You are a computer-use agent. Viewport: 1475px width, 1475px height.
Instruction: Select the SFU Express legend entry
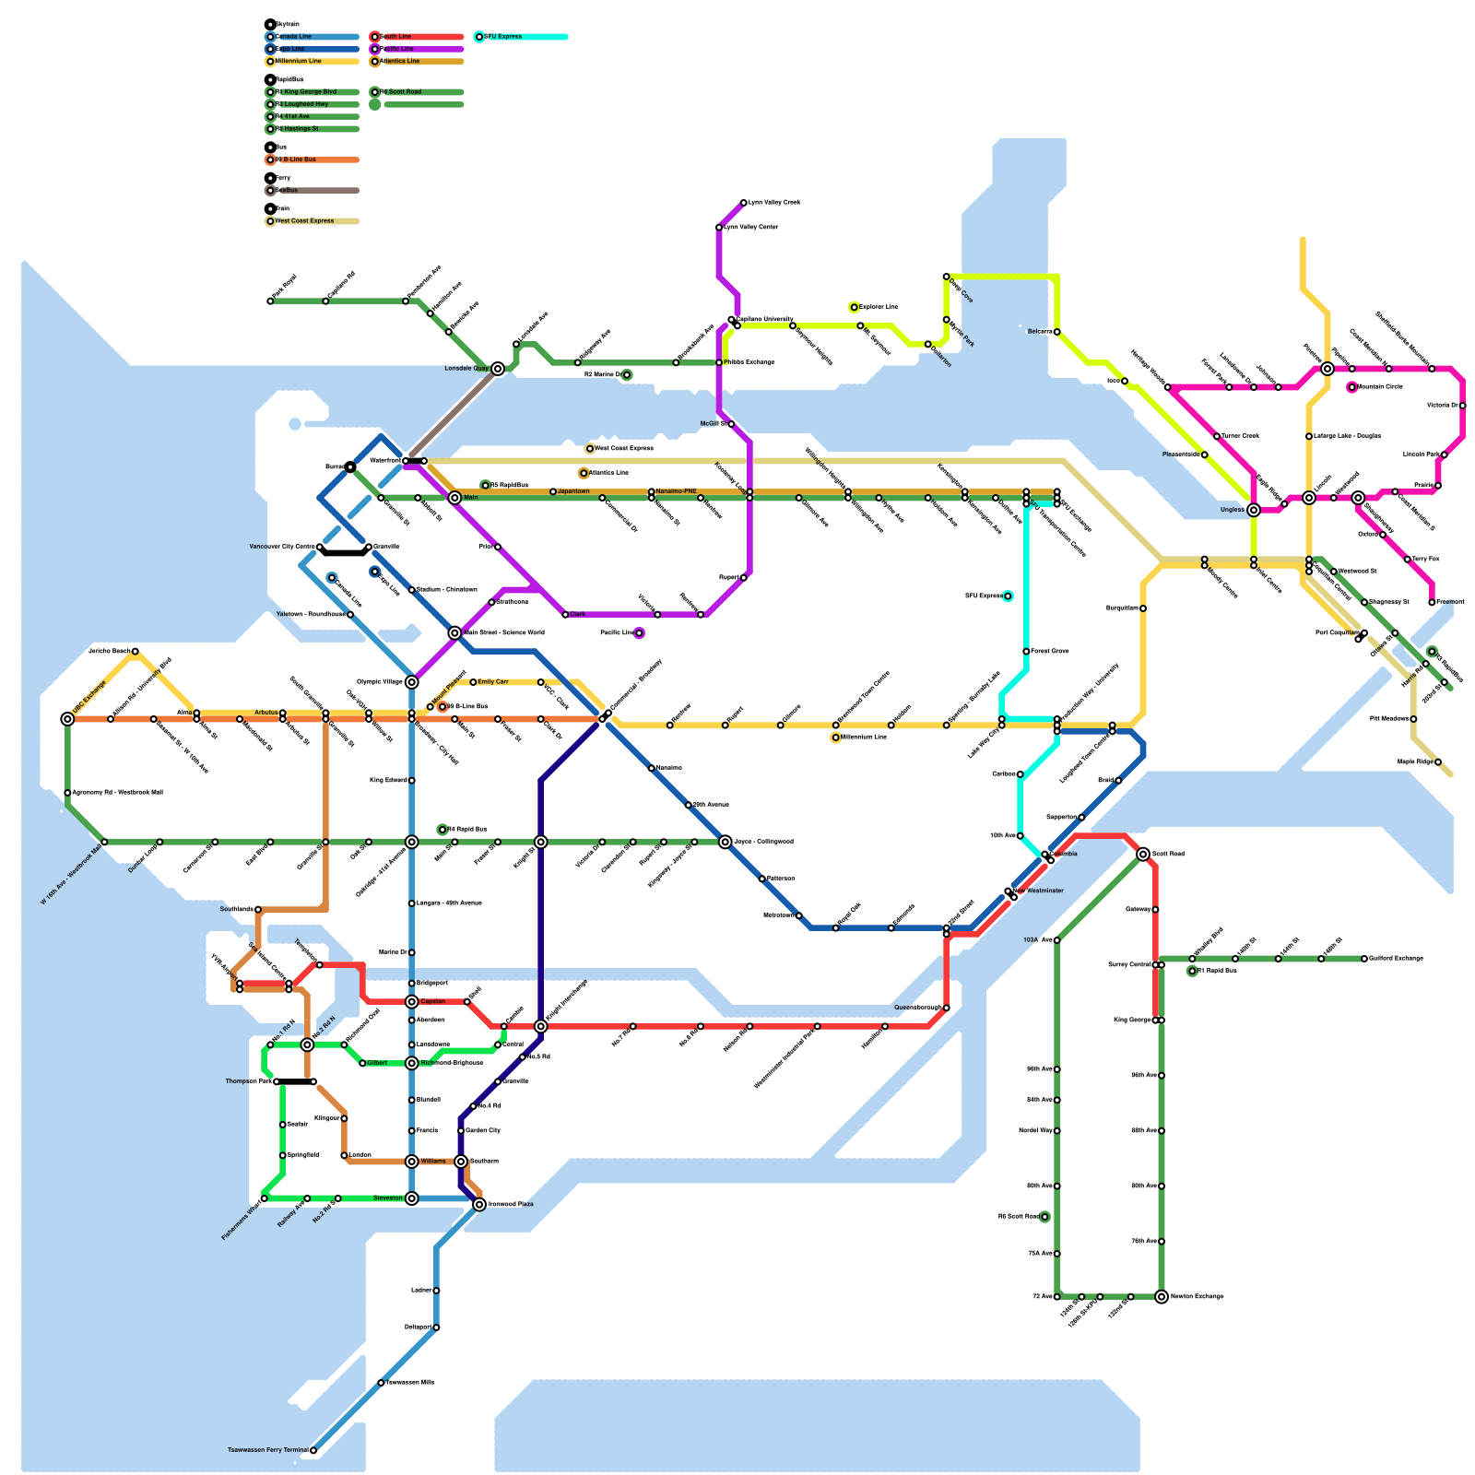[x=503, y=37]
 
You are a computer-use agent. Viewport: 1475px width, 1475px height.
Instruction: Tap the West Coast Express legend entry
[x=304, y=221]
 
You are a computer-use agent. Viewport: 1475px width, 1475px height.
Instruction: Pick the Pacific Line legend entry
[x=396, y=49]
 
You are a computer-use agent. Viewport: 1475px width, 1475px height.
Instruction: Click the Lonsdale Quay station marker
[x=498, y=369]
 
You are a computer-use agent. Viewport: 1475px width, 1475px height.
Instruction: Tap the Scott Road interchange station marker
[x=1143, y=855]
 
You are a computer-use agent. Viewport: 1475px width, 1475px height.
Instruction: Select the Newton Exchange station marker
[x=1162, y=1297]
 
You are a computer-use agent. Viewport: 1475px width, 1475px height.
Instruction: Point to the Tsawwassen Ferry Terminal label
[x=268, y=1450]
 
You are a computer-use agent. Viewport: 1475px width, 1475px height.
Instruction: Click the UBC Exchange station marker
[x=67, y=719]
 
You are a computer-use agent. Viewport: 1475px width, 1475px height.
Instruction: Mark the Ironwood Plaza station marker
[x=479, y=1205]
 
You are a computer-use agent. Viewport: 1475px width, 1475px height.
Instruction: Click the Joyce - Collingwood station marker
[x=726, y=842]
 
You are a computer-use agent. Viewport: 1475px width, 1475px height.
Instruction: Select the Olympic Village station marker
[x=412, y=682]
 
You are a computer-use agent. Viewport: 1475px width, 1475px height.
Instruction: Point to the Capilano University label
[x=765, y=320]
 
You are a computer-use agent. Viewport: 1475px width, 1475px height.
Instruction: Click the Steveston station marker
[x=412, y=1198]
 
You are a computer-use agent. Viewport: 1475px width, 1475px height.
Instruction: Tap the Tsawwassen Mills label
[x=410, y=1383]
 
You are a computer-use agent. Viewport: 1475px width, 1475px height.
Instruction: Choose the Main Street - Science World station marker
[x=454, y=633]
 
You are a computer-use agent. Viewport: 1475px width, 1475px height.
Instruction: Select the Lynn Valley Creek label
[x=774, y=203]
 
